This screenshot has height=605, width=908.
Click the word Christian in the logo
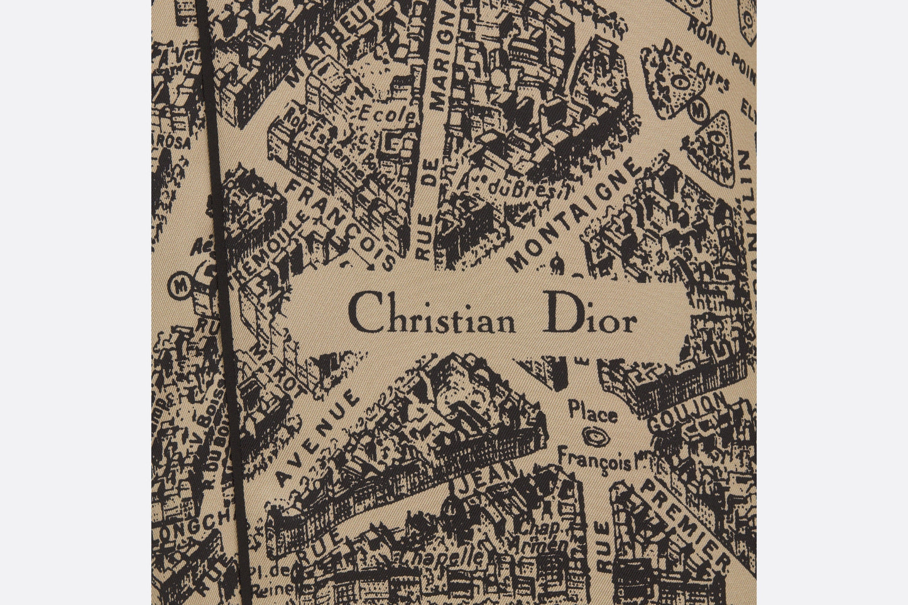[432, 313]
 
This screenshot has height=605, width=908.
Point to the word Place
[592, 413]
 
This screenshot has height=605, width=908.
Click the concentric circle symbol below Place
[591, 435]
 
